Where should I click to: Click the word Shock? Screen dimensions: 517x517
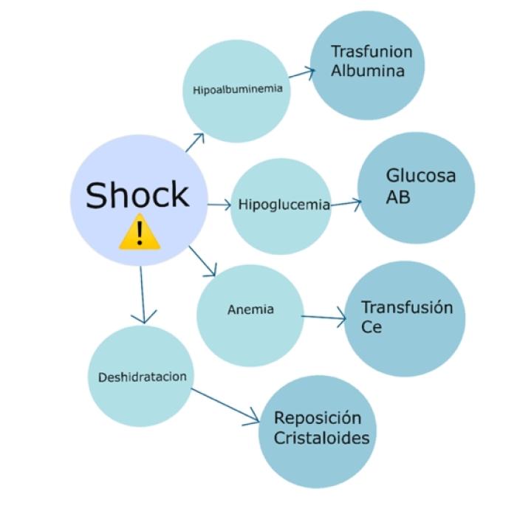(x=137, y=195)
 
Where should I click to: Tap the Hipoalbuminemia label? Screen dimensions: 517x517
(x=237, y=92)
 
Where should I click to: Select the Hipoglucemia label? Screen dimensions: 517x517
(x=284, y=205)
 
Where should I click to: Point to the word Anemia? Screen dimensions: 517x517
(x=250, y=309)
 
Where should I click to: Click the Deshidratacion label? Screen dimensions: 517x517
(x=142, y=377)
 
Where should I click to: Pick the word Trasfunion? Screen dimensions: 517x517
(x=372, y=52)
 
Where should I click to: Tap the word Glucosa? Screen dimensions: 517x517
(x=421, y=177)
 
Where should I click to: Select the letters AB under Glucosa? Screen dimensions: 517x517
(x=398, y=198)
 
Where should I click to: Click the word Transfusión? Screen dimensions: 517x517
(x=406, y=307)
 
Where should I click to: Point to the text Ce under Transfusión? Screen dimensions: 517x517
(x=372, y=326)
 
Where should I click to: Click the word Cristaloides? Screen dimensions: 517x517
(x=321, y=437)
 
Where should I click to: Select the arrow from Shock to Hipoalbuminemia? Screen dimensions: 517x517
(x=194, y=143)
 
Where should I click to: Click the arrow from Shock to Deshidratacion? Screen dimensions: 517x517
(x=141, y=295)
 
